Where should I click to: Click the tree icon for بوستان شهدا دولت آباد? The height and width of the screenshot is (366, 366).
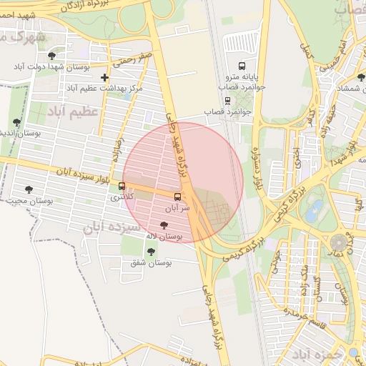51,56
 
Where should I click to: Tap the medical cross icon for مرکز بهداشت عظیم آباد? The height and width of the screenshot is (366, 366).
105,77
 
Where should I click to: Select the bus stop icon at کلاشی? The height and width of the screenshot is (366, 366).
122,187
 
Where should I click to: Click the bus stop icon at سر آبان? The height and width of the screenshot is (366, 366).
179,196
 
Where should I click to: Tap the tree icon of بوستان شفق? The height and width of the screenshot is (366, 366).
150,252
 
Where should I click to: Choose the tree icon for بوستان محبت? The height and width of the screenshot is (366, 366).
29,189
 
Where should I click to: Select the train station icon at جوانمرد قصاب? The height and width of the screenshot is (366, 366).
227,101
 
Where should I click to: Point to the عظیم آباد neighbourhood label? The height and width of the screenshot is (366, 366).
72,112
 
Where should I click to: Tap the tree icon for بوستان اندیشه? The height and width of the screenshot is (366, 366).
16,123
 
